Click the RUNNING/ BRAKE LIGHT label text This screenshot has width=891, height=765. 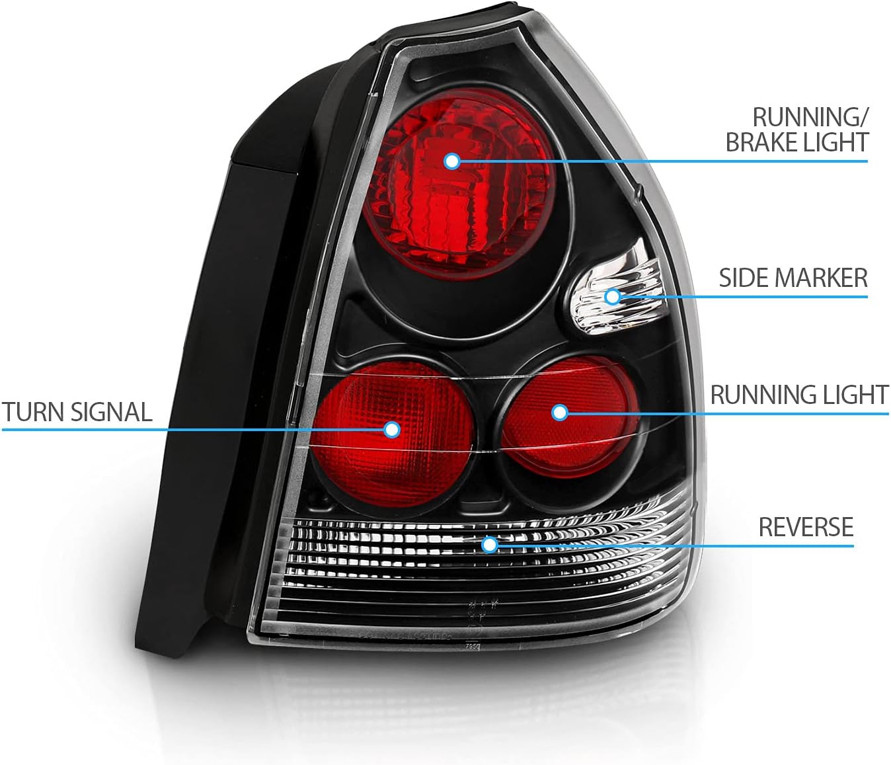796,130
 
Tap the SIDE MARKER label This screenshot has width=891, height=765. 793,278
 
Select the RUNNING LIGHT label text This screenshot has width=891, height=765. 798,395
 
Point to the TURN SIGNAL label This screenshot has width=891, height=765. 77,412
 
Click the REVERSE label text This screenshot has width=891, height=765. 806,527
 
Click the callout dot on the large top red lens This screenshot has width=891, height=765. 452,161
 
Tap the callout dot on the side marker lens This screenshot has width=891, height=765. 613,296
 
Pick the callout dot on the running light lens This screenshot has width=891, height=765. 560,413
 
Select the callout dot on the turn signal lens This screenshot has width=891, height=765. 393,430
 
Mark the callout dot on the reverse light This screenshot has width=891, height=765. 489,544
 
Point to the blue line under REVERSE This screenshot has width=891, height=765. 727,546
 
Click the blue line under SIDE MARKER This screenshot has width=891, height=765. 760,297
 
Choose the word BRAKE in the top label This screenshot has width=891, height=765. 761,142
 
